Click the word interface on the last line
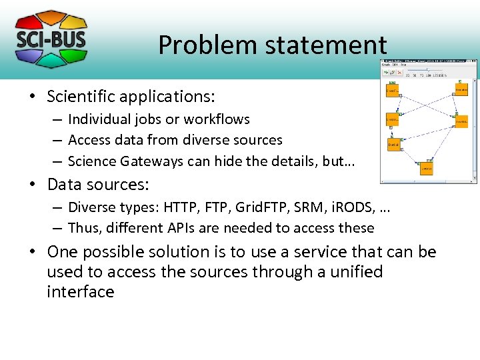(80, 292)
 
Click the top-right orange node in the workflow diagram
(461, 89)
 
